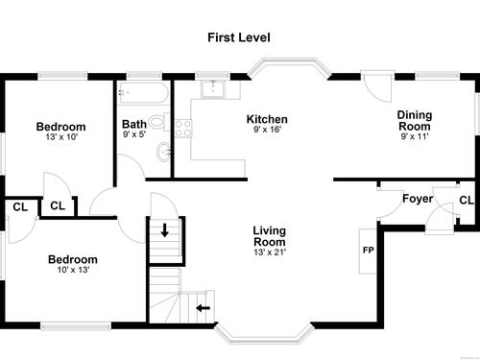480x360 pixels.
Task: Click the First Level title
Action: click(239, 37)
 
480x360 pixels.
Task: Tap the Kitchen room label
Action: click(267, 119)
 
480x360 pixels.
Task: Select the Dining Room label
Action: click(415, 121)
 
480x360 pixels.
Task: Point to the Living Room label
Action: click(270, 236)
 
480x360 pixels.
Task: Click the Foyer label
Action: click(418, 199)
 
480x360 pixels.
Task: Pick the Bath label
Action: click(134, 124)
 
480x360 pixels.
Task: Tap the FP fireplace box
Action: click(368, 252)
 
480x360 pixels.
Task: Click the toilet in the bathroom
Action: click(158, 122)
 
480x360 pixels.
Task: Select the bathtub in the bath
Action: click(143, 93)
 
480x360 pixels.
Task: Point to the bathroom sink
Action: click(164, 152)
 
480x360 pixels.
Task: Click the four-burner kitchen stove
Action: click(183, 129)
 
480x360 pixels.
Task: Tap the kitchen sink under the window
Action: click(213, 89)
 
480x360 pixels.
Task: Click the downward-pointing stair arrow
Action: click(165, 230)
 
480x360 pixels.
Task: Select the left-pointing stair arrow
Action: click(204, 308)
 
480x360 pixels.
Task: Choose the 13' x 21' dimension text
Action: click(270, 252)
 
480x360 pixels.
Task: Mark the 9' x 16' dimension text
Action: click(267, 130)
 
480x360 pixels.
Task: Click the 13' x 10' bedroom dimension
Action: click(61, 137)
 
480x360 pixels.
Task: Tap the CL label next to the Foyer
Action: click(467, 201)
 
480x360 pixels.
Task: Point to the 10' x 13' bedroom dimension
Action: click(73, 270)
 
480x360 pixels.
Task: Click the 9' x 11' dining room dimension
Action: click(415, 136)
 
